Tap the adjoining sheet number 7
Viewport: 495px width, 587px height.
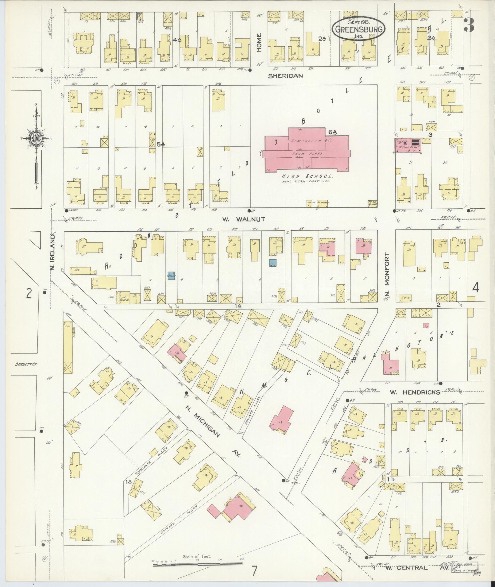coord(254,571)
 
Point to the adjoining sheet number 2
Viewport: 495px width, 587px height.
coord(29,294)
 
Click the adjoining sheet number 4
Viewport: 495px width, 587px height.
coord(475,288)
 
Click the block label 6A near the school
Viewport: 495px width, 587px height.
coord(333,132)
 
